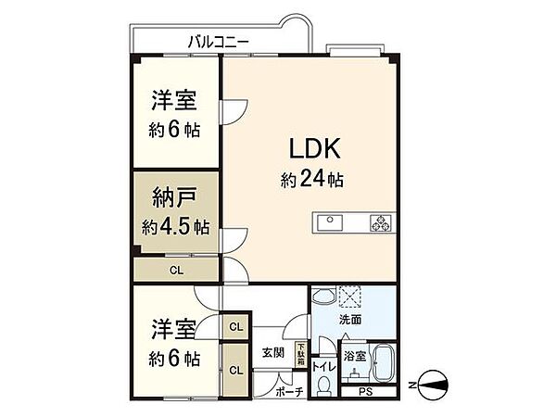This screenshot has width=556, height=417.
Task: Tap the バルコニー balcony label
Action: (217, 41)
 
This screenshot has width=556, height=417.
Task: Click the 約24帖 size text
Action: (313, 179)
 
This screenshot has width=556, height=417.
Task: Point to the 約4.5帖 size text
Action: (175, 225)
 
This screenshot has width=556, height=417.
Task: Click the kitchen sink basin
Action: (331, 221)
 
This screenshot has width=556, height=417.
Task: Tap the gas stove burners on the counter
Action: (381, 221)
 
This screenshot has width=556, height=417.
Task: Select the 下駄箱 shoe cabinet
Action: (299, 353)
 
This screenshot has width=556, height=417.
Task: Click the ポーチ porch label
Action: (290, 392)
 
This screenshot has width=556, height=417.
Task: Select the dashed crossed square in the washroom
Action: (351, 296)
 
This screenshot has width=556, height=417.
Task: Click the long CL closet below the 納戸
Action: (174, 271)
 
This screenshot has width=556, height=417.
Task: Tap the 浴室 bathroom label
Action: (353, 355)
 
